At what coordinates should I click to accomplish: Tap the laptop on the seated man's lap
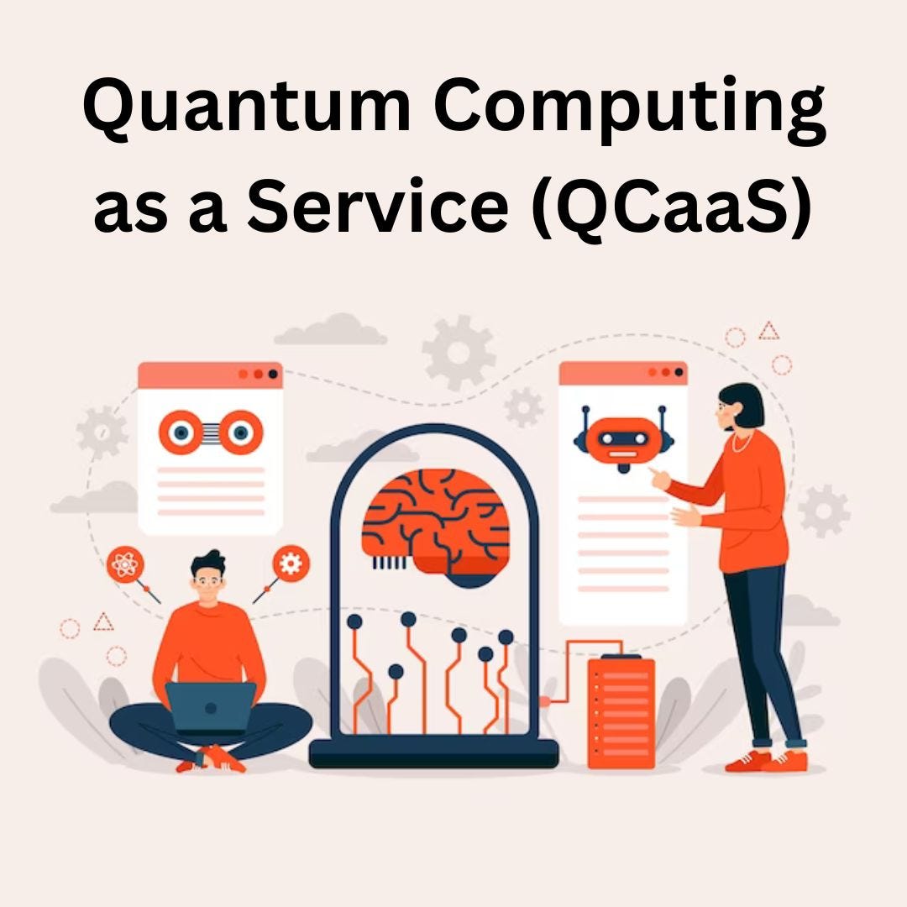[x=211, y=706]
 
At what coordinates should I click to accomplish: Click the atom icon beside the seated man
[x=124, y=565]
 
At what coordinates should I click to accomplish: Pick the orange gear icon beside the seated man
[x=291, y=564]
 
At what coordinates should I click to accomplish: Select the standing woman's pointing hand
[x=660, y=478]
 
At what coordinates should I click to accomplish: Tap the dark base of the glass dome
[x=433, y=753]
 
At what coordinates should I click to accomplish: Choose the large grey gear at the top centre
[x=459, y=354]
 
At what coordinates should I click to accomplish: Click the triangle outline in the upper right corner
[x=768, y=331]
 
